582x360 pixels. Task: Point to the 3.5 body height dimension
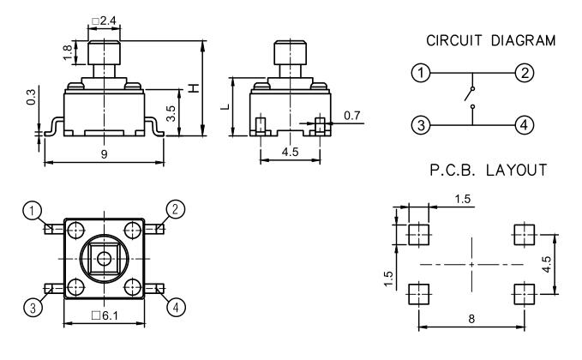coord(171,111)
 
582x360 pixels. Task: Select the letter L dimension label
coord(221,108)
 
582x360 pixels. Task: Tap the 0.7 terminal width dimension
coord(351,114)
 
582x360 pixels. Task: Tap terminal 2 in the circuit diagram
coord(525,73)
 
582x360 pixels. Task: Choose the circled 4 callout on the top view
coord(175,306)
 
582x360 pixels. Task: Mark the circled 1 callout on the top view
coord(32,208)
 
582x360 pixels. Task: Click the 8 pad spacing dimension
coord(470,319)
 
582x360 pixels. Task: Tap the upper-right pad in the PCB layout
coord(524,232)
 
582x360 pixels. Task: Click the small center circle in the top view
coord(104,258)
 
